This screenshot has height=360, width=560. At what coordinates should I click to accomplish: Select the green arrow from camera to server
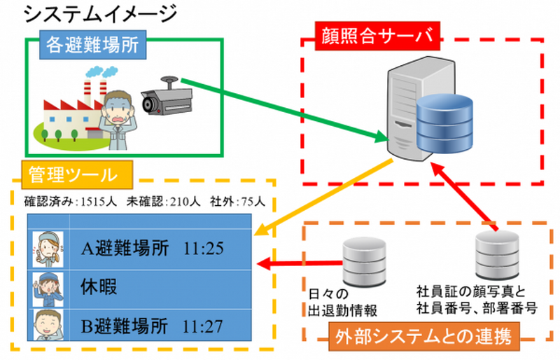point(280,108)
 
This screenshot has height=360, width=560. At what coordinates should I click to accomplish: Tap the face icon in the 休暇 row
point(48,286)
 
